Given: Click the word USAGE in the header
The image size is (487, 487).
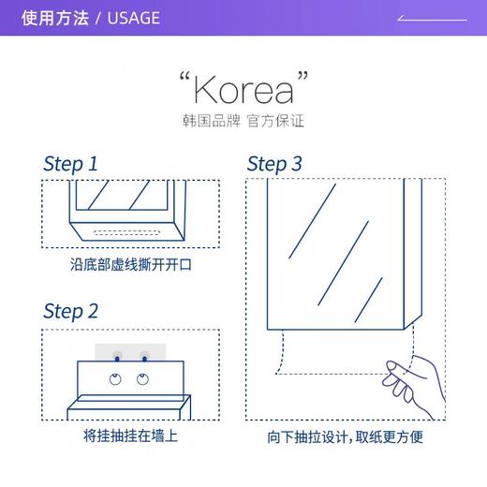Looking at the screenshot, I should coord(134,18).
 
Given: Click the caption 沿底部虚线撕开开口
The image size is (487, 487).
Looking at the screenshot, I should coord(130,265).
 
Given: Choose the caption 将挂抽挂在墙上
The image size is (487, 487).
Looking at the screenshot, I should coord(130,435).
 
